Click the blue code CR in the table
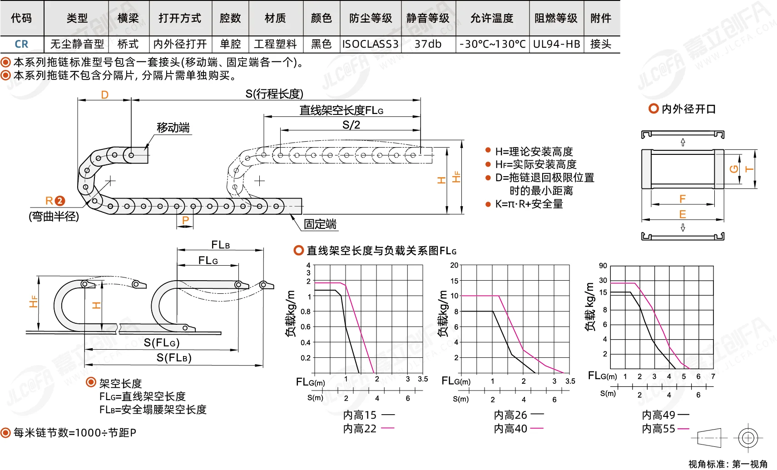tap(21, 45)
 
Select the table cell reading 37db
tap(428, 45)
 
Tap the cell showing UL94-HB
tap(556, 45)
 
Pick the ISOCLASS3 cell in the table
tap(370, 45)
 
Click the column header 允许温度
tap(492, 18)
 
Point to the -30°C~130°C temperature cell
tap(493, 45)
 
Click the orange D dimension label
tap(104, 95)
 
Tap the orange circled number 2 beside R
tap(60, 201)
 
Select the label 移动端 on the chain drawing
tap(173, 128)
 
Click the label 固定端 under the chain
tap(320, 224)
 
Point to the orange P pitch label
tap(185, 220)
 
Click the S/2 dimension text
tap(351, 125)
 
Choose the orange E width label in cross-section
tap(682, 214)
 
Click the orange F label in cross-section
tap(682, 199)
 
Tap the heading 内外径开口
tap(688, 109)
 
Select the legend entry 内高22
tap(360, 429)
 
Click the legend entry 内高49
tap(658, 415)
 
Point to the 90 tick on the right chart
tap(603, 266)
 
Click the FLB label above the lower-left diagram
tap(221, 245)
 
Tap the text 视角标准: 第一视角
tap(728, 464)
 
